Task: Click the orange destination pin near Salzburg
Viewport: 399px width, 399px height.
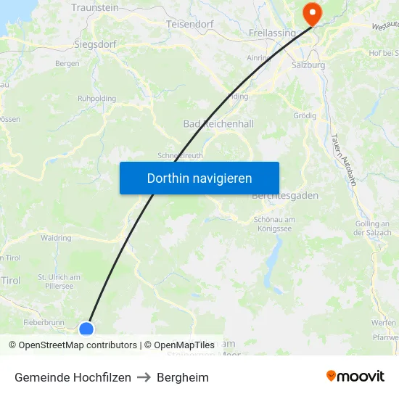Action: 312,12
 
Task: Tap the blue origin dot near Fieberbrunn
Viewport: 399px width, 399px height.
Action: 86,329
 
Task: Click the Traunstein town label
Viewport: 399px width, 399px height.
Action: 95,7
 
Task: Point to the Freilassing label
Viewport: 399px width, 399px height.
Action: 272,33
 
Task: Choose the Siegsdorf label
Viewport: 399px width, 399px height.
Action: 95,44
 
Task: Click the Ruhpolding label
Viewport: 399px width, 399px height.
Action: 96,98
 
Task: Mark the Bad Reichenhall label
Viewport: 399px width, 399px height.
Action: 218,124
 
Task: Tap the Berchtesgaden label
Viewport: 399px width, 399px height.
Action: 285,196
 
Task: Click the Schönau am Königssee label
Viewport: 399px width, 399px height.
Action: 275,224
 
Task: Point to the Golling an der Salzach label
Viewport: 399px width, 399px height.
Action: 373,228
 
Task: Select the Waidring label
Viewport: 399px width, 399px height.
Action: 57,237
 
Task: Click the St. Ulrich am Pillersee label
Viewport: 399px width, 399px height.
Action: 59,281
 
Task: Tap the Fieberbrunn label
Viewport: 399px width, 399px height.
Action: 44,322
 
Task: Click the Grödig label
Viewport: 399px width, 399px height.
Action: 305,115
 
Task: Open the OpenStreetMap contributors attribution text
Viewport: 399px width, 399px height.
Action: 78,345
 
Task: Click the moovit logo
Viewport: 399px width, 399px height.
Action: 355,377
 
